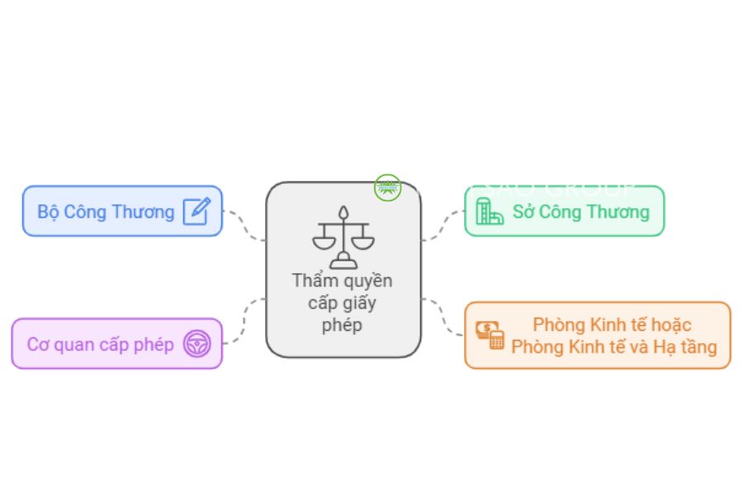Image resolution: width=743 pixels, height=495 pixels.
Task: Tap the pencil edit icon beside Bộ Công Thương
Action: [x=196, y=211]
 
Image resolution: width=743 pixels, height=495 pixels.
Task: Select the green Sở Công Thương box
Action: [x=564, y=211]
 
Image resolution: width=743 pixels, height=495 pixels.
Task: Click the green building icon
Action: [x=489, y=211]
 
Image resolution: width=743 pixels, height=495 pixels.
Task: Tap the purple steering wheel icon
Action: [x=196, y=343]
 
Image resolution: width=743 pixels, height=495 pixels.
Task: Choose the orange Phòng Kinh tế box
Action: [x=598, y=335]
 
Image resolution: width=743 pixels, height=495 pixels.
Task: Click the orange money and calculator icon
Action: [x=490, y=334]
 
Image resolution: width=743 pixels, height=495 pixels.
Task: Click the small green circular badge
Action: [x=386, y=187]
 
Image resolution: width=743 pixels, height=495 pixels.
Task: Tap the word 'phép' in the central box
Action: [x=342, y=324]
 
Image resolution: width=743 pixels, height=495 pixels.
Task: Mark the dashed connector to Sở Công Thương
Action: [x=443, y=224]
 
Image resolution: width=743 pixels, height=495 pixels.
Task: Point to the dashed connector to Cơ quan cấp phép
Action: [x=244, y=322]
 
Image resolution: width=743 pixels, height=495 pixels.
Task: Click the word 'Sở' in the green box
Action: [x=523, y=211]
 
